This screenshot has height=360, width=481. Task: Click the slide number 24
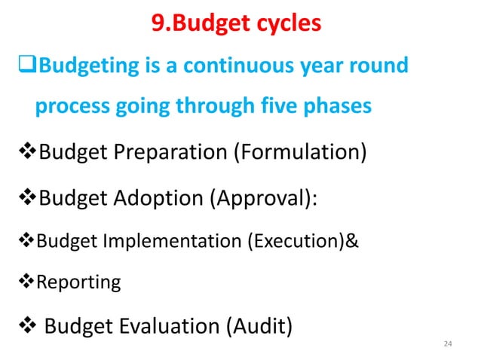coord(449,344)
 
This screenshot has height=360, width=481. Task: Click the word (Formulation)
coord(299,156)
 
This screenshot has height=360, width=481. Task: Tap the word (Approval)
coord(257,199)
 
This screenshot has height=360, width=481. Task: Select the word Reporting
coord(78,282)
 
